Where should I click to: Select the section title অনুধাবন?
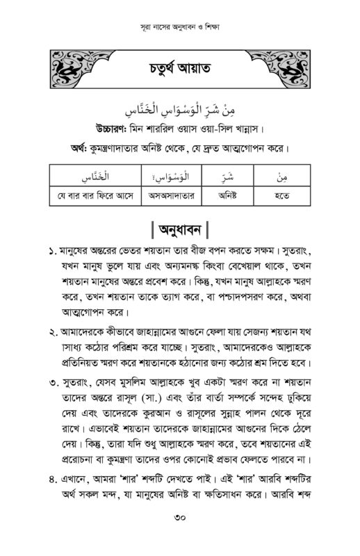180,229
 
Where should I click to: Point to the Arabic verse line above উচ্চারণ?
179,110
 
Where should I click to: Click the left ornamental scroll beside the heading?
69,67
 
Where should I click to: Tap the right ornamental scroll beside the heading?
289,67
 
